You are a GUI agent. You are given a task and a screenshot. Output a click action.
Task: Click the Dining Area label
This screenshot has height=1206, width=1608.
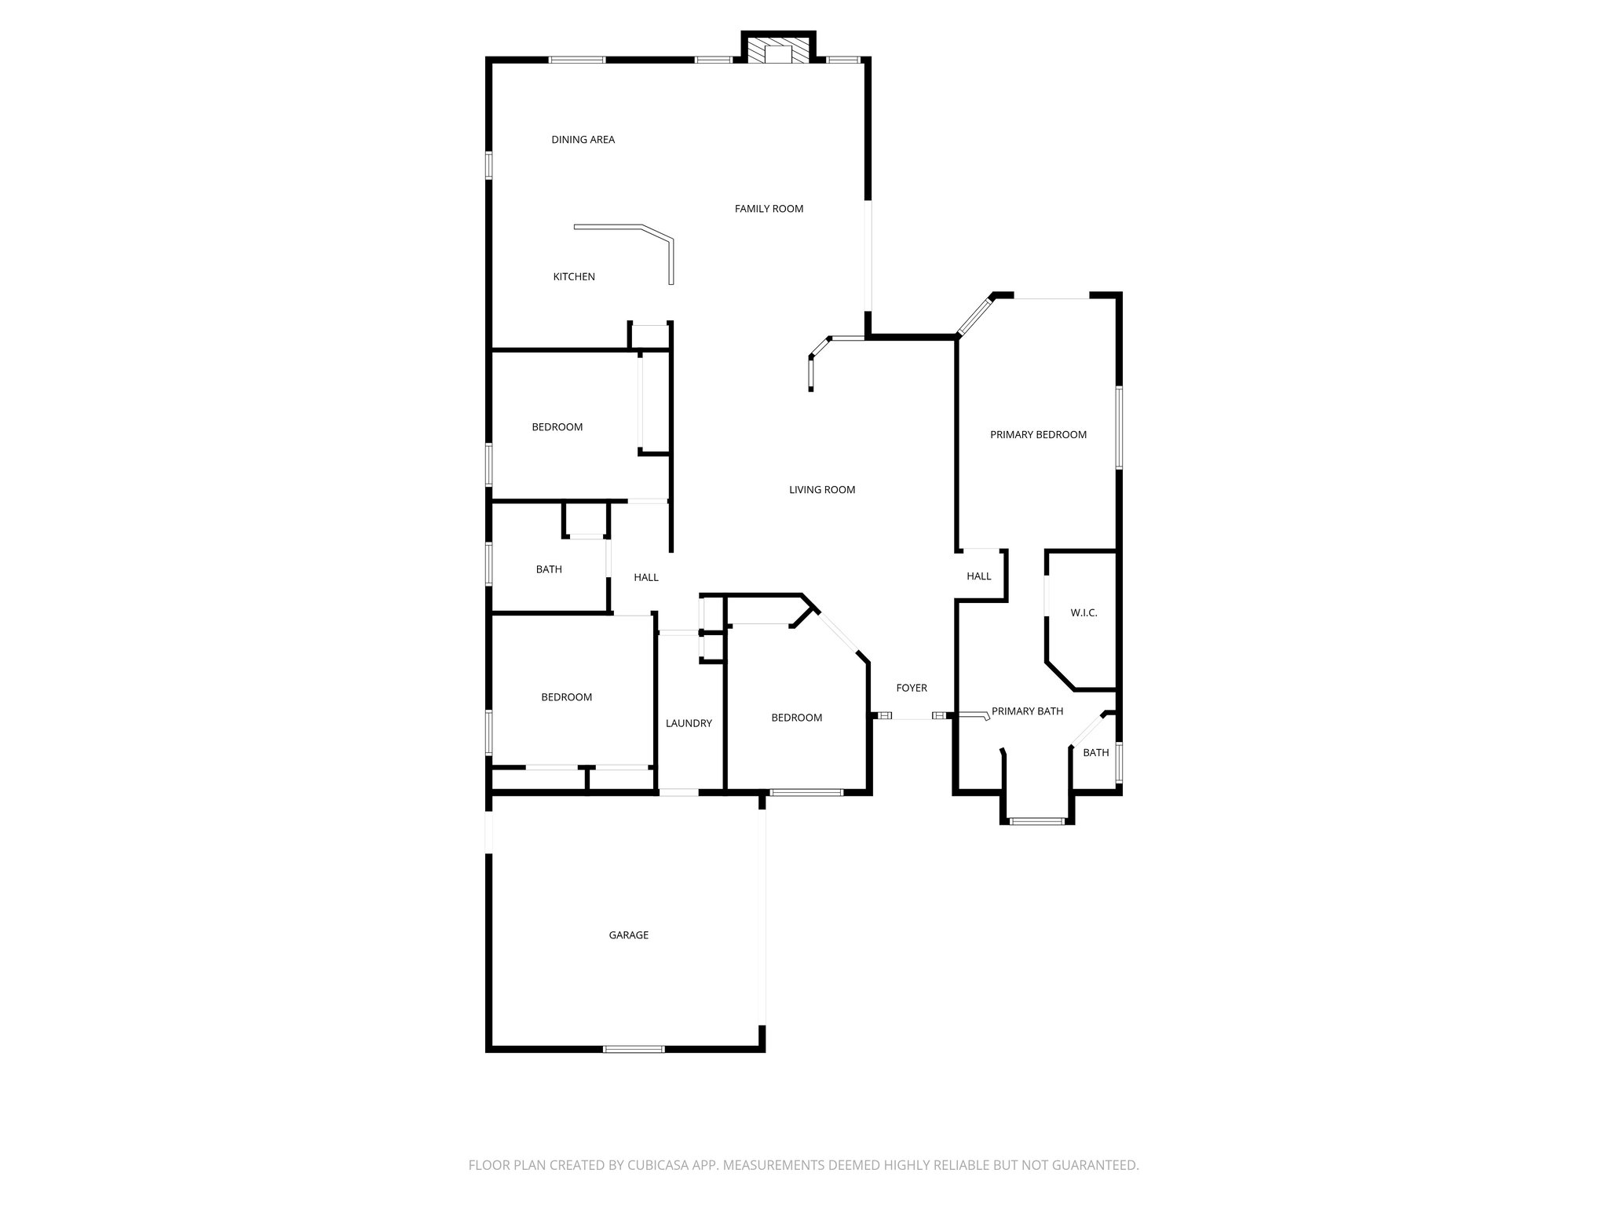coord(583,140)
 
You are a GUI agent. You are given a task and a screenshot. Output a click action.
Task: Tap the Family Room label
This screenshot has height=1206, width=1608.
coord(769,209)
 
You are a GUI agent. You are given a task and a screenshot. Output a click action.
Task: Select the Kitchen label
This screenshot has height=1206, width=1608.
coord(574,276)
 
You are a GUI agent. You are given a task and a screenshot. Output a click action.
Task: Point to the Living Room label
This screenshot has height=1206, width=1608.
coord(822,490)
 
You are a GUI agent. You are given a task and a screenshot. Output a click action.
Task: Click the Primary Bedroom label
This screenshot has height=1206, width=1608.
coord(1038,434)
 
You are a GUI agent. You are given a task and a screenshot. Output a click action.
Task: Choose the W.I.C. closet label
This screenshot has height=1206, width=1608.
coord(1084,612)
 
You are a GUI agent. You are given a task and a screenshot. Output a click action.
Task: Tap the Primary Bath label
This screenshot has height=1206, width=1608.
coord(1027,711)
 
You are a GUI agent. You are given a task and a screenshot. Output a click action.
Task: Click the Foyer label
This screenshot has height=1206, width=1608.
coord(912,688)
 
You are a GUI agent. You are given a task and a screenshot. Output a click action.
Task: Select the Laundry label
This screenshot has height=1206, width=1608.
coord(689,723)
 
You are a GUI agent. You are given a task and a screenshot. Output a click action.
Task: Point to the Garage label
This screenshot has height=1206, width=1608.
coord(629,935)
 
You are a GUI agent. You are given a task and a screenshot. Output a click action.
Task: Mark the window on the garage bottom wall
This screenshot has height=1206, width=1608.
coord(634,1048)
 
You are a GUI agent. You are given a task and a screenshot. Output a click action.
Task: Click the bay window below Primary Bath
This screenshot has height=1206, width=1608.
coord(1036,821)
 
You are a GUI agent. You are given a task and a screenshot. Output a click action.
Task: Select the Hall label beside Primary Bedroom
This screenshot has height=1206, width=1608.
coord(979,576)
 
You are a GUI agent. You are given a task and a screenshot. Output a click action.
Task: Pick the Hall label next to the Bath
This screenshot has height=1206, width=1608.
coord(646,577)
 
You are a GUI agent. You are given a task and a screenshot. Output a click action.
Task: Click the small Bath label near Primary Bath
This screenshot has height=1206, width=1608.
coord(1096,752)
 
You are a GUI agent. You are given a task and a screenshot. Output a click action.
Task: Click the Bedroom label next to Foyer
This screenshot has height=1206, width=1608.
coord(796,718)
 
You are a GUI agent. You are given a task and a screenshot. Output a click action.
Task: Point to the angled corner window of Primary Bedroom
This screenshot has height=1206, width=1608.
coord(974,315)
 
